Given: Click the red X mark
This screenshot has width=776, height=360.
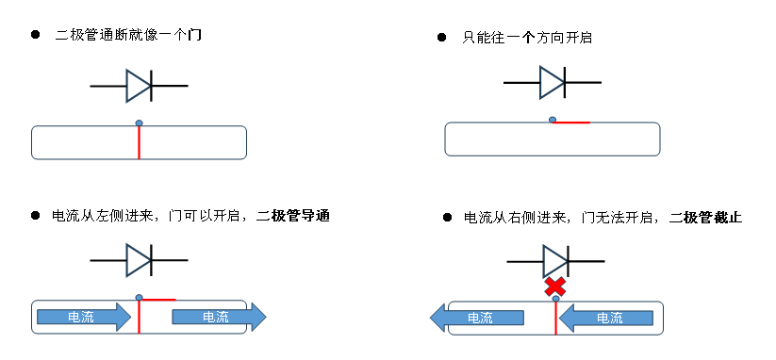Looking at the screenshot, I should pyautogui.click(x=555, y=286).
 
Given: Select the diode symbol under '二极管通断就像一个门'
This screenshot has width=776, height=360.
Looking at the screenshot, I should pyautogui.click(x=139, y=86).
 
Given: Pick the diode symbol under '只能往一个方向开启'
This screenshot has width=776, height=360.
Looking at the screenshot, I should pyautogui.click(x=552, y=83).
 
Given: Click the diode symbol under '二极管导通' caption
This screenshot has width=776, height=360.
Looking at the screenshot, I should pyautogui.click(x=139, y=259).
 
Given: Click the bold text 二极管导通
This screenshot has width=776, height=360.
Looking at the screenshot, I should pyautogui.click(x=293, y=217).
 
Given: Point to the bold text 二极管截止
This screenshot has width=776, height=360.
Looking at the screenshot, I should pyautogui.click(x=706, y=218).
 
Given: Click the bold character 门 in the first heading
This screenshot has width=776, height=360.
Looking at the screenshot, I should pyautogui.click(x=195, y=35).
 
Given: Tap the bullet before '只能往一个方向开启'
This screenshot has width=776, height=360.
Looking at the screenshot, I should pyautogui.click(x=442, y=37).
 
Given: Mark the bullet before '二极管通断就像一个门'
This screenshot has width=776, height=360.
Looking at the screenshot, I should pyautogui.click(x=36, y=35).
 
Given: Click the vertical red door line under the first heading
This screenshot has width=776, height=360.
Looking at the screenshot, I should pyautogui.click(x=139, y=143).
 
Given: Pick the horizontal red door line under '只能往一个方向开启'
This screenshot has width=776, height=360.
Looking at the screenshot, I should pyautogui.click(x=572, y=123).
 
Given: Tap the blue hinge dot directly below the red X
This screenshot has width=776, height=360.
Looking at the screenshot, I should pyautogui.click(x=555, y=300).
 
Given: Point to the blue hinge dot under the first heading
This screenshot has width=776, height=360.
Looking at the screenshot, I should pyautogui.click(x=139, y=123).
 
